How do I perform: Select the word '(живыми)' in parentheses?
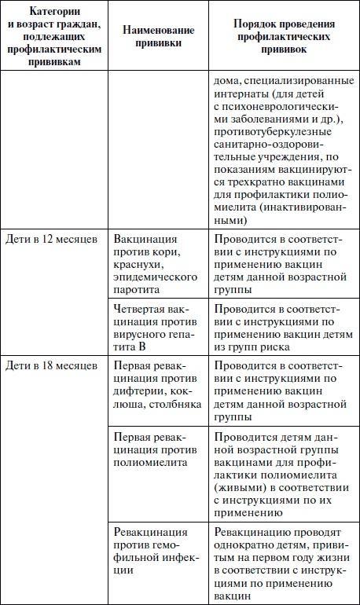coord(237,488)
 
